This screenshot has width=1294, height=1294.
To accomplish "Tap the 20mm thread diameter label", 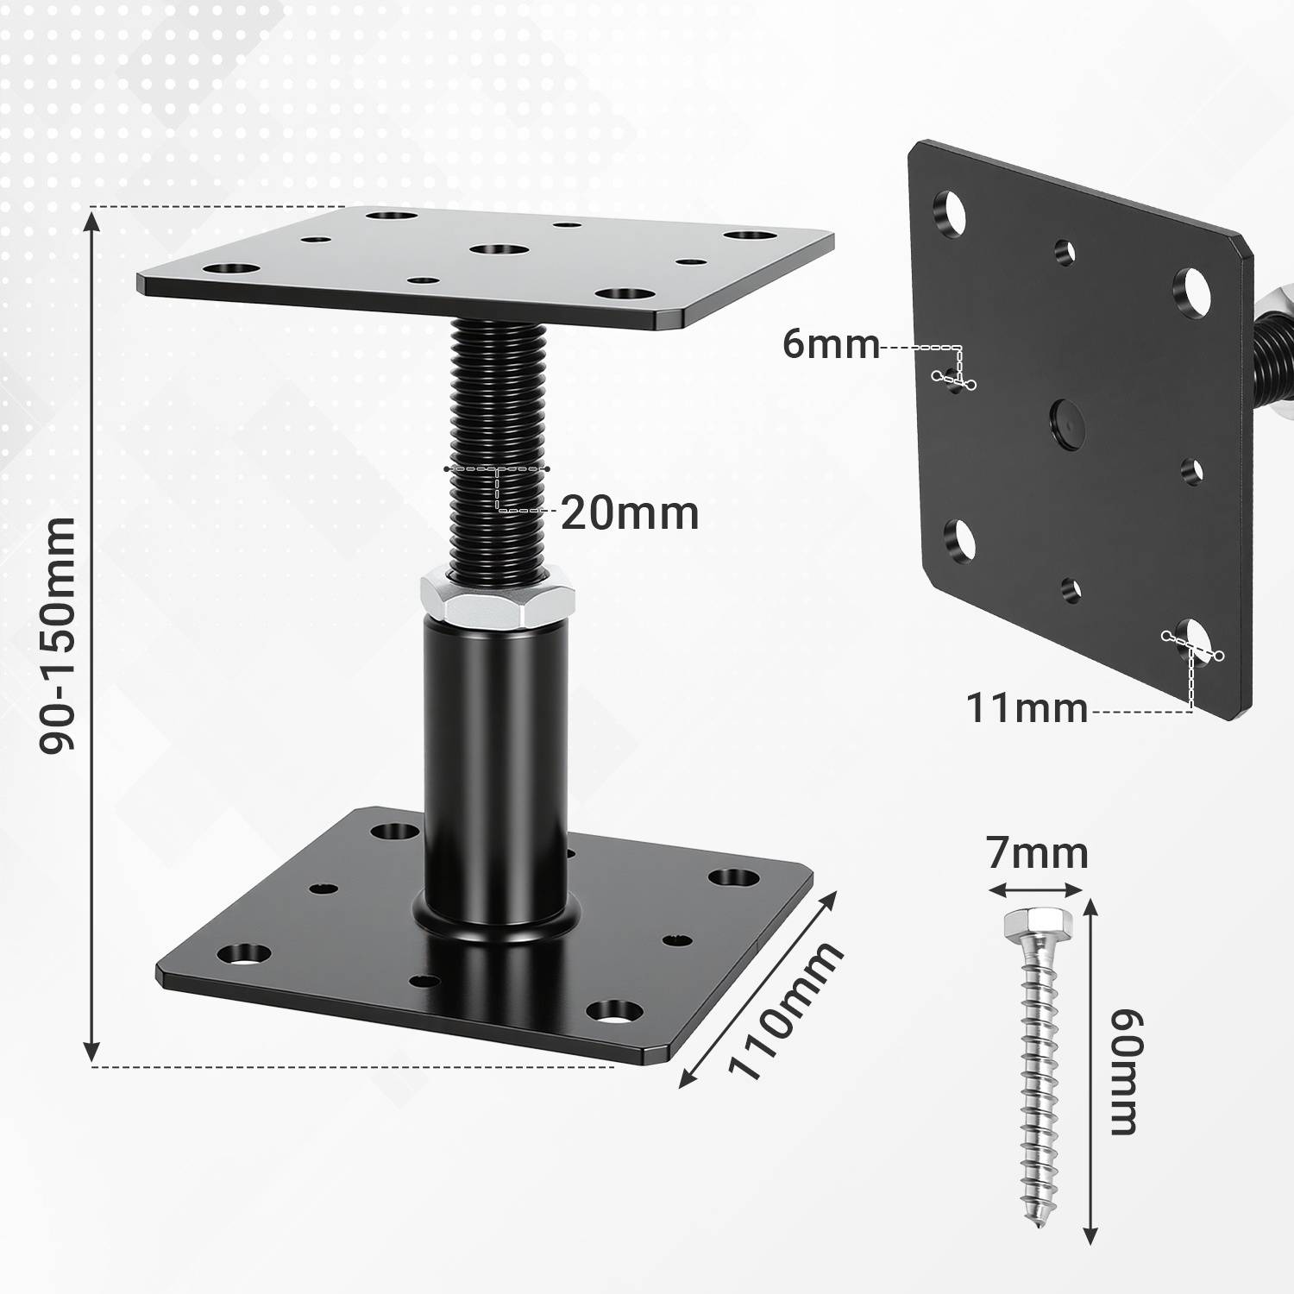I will point(629,514).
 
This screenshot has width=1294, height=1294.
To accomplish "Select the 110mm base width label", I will point(783,1010).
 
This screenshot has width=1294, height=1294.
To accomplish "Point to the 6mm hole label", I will point(830,344).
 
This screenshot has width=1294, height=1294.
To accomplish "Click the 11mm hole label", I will point(1026,708).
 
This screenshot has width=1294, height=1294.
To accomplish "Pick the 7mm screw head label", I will point(1037,853).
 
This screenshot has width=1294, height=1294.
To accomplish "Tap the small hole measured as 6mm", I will point(953,378).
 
